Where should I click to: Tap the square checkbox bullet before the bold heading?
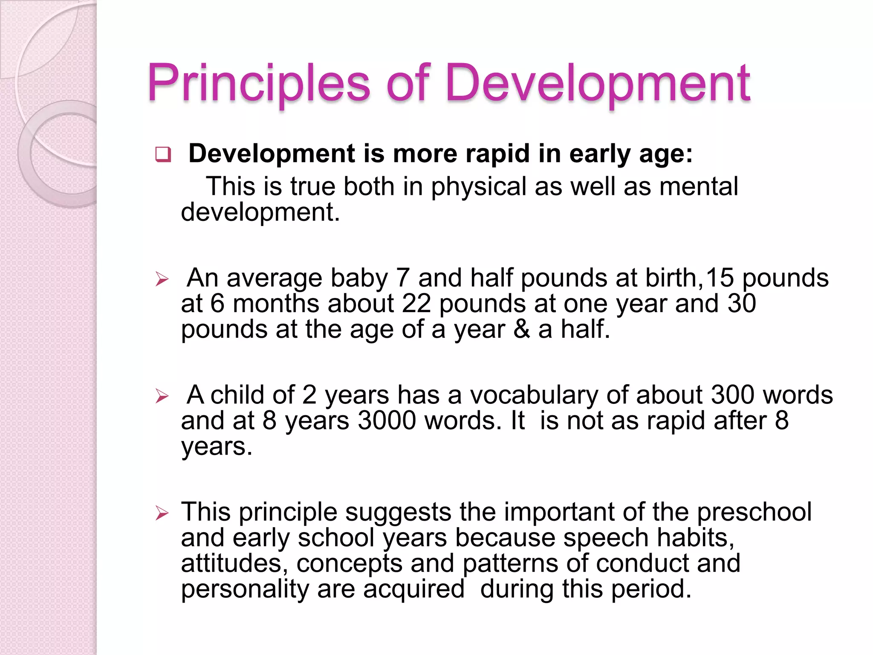click(x=163, y=154)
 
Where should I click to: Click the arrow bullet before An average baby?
click(x=162, y=280)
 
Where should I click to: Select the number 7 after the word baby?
click(x=403, y=278)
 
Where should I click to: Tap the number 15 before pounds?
click(x=720, y=278)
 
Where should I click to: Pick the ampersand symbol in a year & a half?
click(x=521, y=330)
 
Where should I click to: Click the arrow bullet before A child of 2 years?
click(x=162, y=397)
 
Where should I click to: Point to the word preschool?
click(x=754, y=513)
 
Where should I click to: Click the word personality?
click(x=245, y=590)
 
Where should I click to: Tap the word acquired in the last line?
click(x=413, y=590)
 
